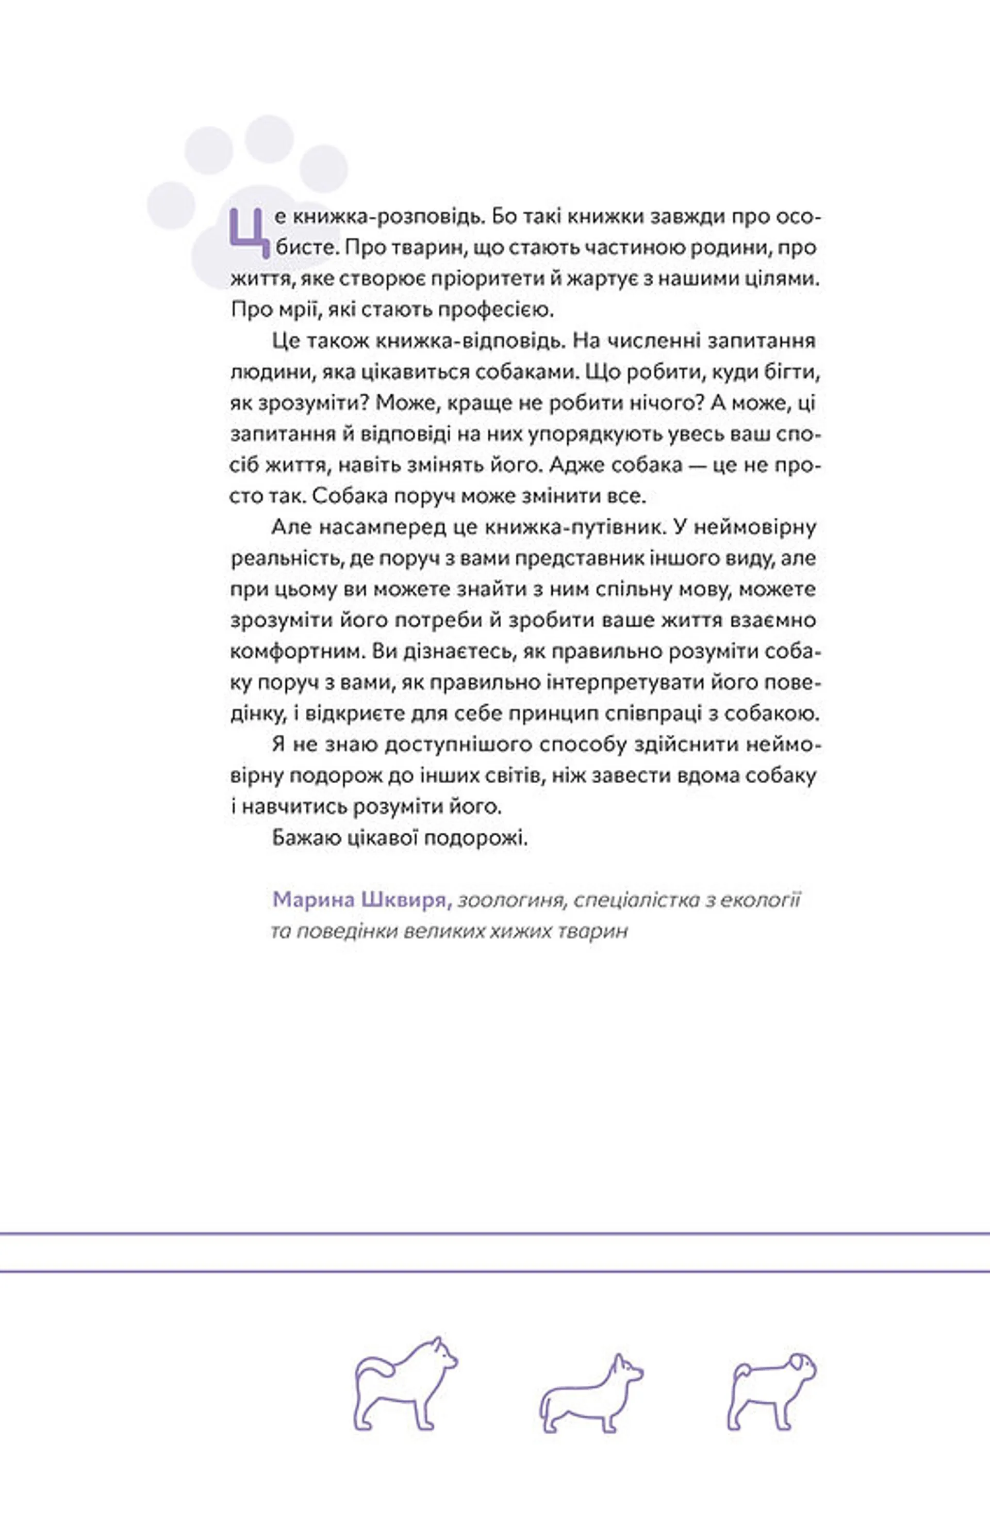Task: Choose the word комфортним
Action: tap(296, 652)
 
